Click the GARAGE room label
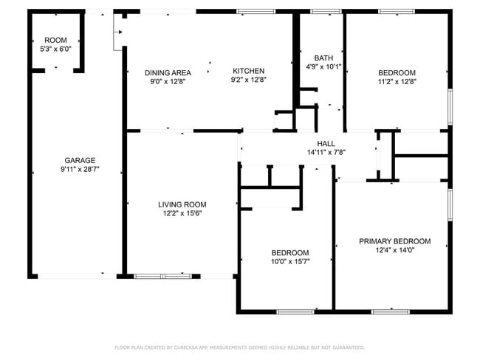(x=80, y=160)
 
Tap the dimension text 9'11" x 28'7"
(x=80, y=169)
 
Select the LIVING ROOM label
(x=182, y=204)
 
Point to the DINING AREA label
(x=168, y=73)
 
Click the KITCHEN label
(x=249, y=71)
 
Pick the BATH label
(x=323, y=58)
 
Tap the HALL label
(x=326, y=143)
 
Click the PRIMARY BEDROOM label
(x=395, y=241)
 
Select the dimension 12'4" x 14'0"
(x=395, y=250)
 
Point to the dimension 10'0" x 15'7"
(x=290, y=261)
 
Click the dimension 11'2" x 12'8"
(x=397, y=82)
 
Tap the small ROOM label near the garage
(x=55, y=40)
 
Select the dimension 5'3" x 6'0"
(x=55, y=49)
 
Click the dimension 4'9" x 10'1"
(x=323, y=66)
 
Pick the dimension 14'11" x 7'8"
(x=326, y=152)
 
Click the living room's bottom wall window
(x=163, y=276)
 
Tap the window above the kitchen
(x=256, y=12)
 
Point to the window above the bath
(x=326, y=12)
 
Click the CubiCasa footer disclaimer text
(x=240, y=347)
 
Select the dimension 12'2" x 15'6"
(x=182, y=213)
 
